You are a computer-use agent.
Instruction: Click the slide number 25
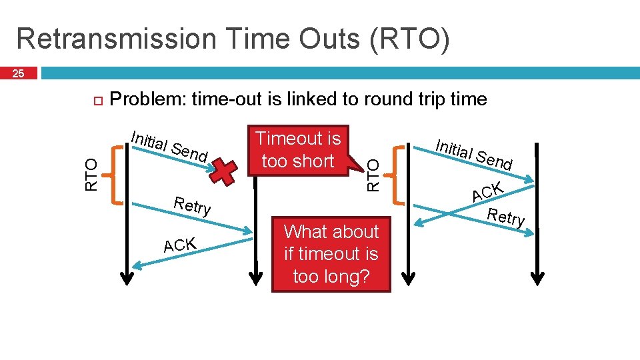(x=19, y=73)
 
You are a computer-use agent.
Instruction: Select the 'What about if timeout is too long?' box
(x=331, y=254)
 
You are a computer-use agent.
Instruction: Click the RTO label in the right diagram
(x=375, y=175)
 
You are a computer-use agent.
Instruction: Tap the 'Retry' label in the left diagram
(x=192, y=205)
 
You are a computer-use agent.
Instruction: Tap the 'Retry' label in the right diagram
(x=506, y=217)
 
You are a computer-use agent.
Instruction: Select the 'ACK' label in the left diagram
(x=179, y=245)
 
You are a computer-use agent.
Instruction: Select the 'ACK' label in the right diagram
(x=487, y=191)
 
